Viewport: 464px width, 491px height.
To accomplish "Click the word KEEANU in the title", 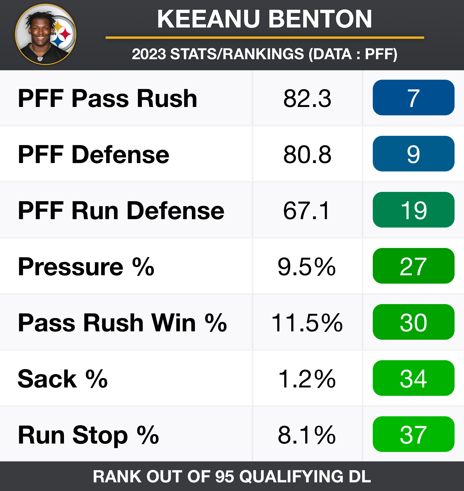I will pos(208,19).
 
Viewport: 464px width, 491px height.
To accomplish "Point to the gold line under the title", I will pos(265,38).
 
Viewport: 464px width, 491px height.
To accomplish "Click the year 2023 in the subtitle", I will pos(149,54).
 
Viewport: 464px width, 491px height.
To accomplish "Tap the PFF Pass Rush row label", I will pos(107,98).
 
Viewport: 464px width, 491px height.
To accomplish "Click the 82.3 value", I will pos(307,98).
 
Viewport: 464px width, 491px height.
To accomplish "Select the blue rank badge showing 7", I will pos(413,98).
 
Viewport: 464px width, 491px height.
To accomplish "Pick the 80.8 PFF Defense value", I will pos(307,154).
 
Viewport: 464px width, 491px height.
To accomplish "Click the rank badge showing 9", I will pos(413,154).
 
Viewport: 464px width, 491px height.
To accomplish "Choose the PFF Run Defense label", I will pos(121,211).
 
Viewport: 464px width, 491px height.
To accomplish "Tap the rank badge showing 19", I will pos(413,210).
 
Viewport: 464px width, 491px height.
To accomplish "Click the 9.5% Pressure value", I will pos(307,267).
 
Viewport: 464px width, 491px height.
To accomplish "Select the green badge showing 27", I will pos(413,266).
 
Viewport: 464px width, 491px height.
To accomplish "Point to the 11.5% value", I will pos(307,323).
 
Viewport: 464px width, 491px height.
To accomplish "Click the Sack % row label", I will pos(63,379).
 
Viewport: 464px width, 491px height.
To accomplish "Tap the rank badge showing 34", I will pos(413,378).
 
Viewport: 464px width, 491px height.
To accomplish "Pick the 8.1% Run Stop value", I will pos(307,435).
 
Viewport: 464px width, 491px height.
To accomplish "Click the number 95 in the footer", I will pos(224,476).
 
